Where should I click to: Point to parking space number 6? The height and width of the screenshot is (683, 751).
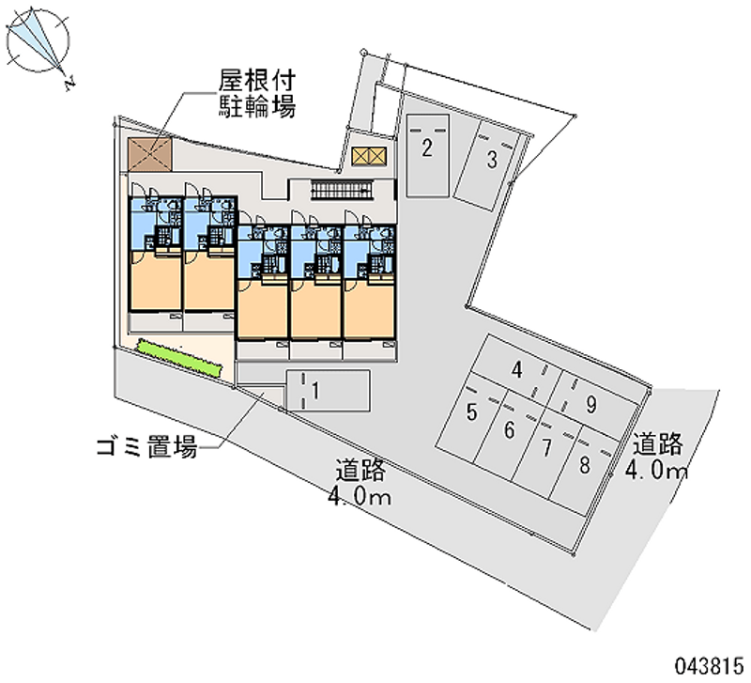point(509,431)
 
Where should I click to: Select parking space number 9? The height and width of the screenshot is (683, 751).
point(590,405)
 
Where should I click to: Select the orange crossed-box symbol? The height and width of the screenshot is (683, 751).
point(367,157)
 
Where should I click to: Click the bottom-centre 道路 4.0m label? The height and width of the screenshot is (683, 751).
point(360,483)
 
